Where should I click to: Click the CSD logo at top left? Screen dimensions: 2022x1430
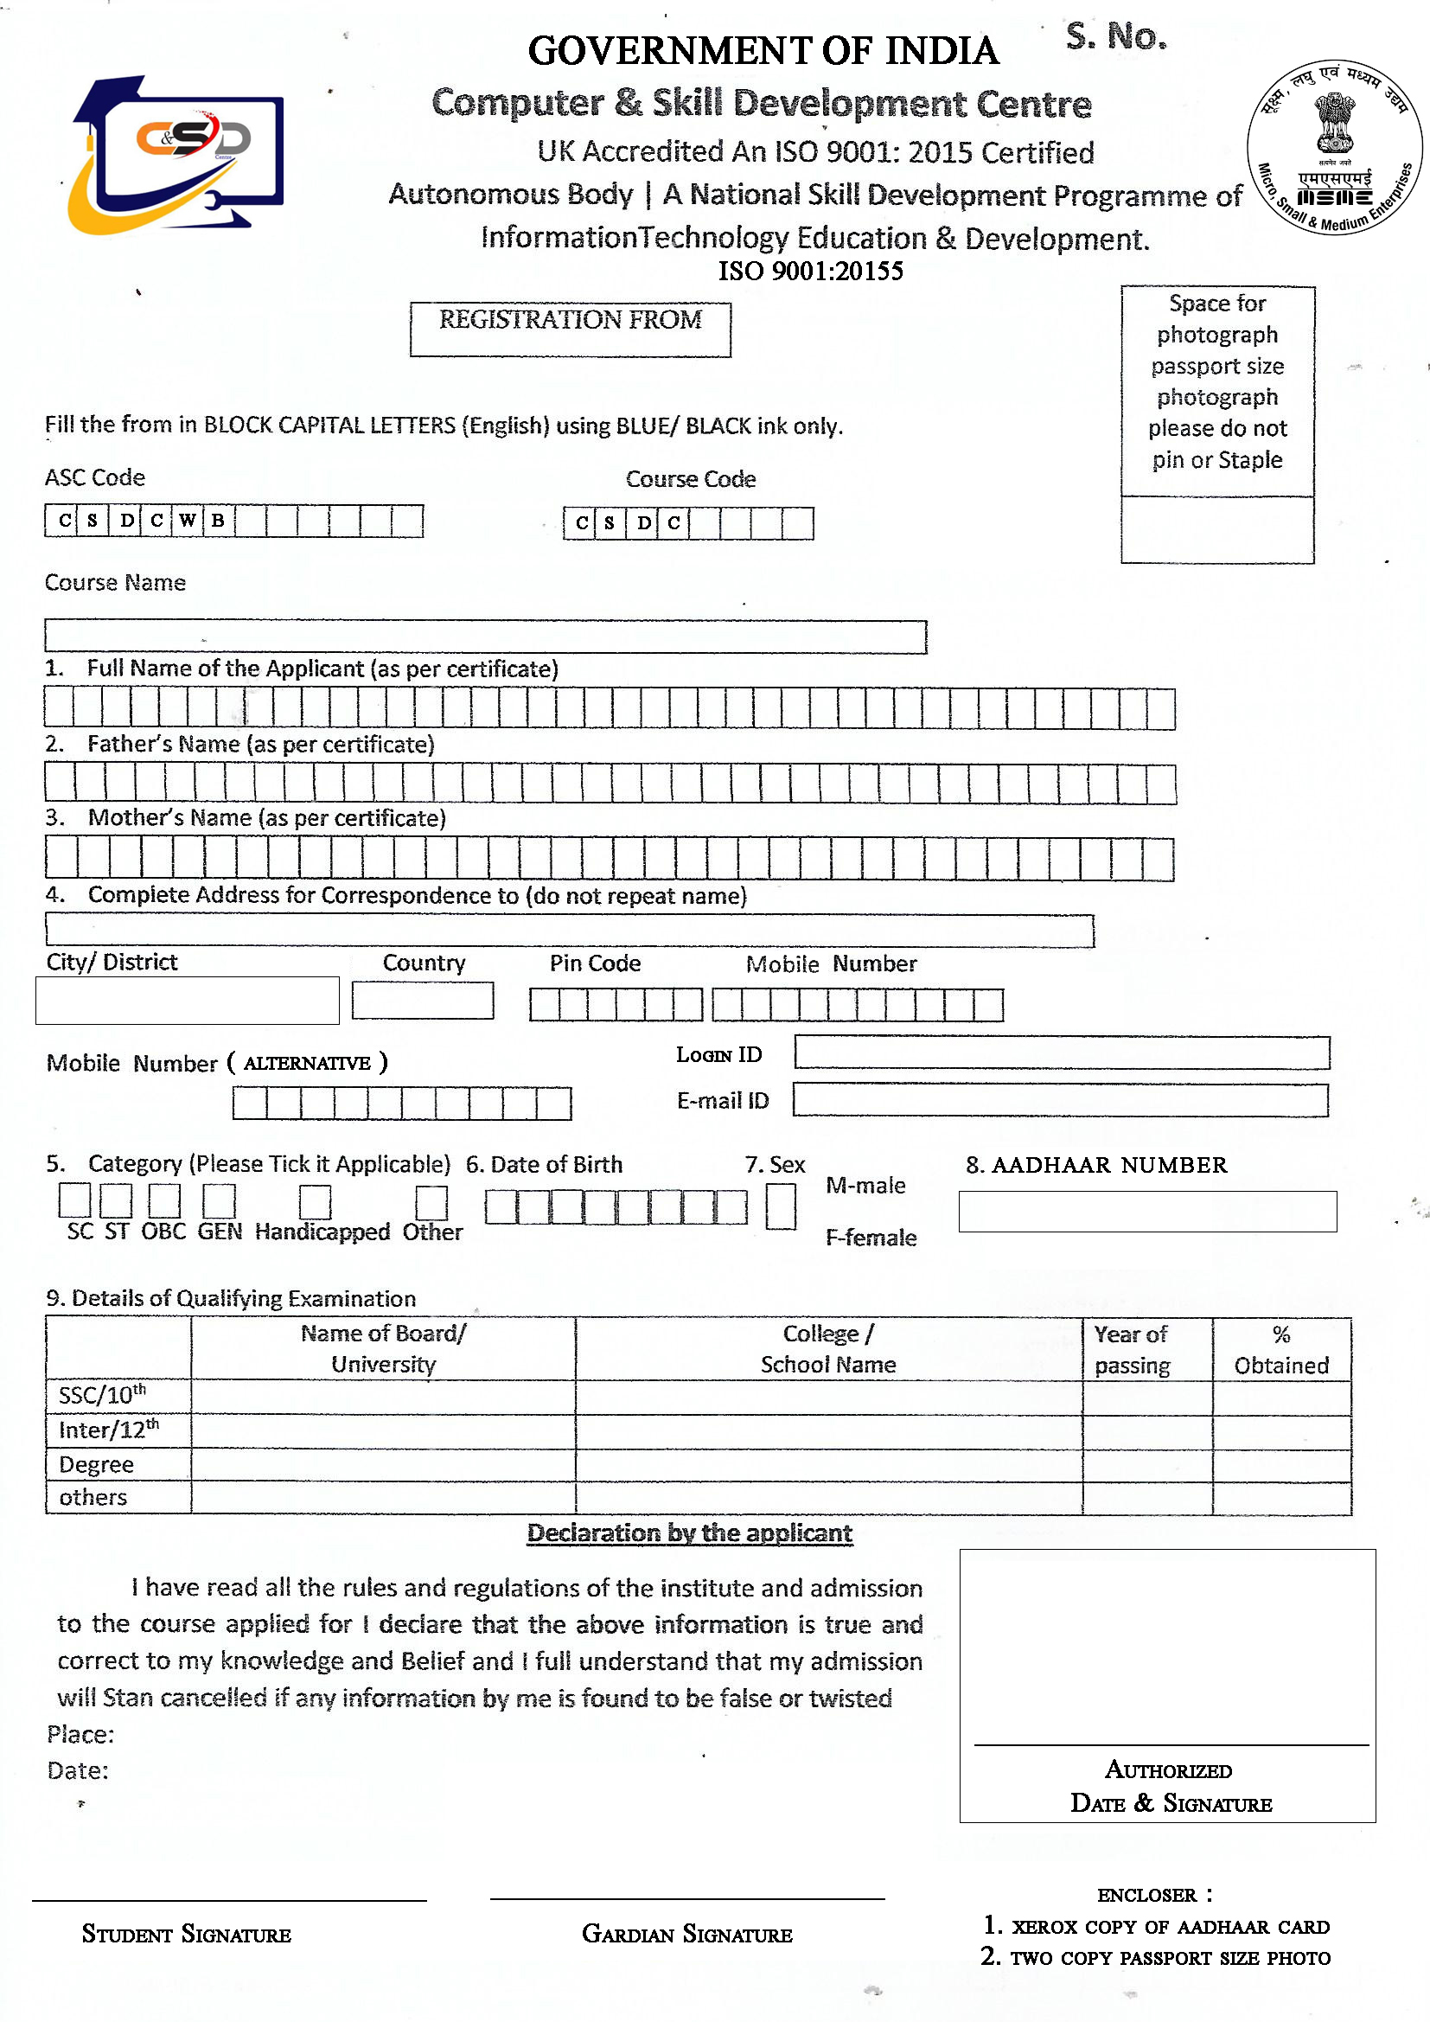coord(176,155)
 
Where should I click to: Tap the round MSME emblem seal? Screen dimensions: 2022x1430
coord(1334,147)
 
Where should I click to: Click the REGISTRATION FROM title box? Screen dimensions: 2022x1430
coord(570,330)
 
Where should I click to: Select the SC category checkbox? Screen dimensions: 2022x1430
coord(74,1200)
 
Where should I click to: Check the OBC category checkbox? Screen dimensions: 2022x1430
coord(163,1200)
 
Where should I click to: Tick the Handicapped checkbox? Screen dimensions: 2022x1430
coord(315,1202)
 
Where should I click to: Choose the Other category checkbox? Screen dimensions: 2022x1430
coord(431,1202)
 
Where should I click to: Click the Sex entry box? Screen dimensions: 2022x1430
coord(780,1206)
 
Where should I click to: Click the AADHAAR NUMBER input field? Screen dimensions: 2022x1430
coord(1146,1211)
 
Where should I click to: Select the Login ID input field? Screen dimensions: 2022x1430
coord(1061,1053)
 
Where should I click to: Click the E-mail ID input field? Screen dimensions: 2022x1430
coord(1060,1100)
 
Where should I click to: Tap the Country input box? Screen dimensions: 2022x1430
coord(423,1001)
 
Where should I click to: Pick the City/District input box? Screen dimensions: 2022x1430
coord(187,1001)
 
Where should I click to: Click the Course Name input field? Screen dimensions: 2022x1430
coord(485,637)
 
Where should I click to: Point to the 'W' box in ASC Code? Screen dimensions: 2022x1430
coord(188,521)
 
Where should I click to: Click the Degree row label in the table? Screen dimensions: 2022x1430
coord(97,1464)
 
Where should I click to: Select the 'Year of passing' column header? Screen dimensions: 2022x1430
coord(1133,1349)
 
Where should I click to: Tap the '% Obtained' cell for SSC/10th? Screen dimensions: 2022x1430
coord(1281,1398)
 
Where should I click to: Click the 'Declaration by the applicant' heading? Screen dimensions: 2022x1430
coord(689,1533)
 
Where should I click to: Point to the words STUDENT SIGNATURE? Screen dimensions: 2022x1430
coord(187,1934)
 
